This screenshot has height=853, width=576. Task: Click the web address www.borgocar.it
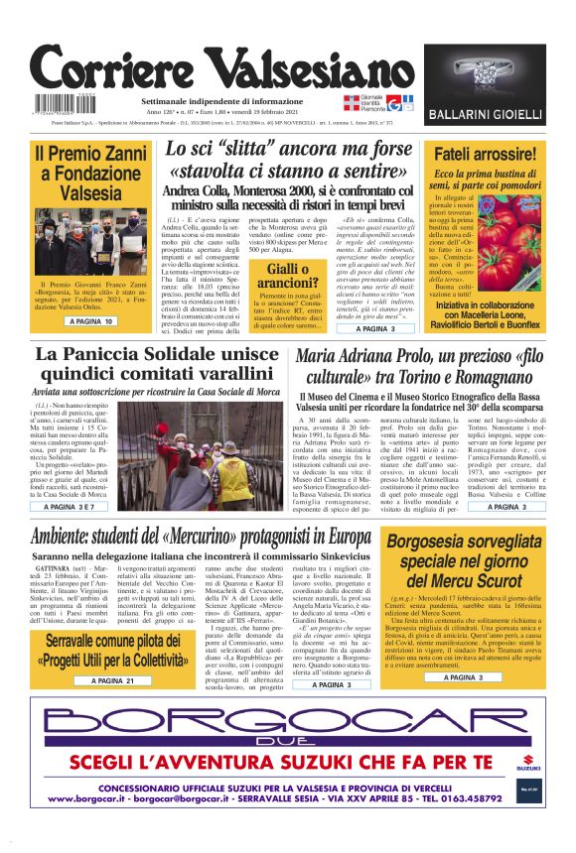point(96,797)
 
